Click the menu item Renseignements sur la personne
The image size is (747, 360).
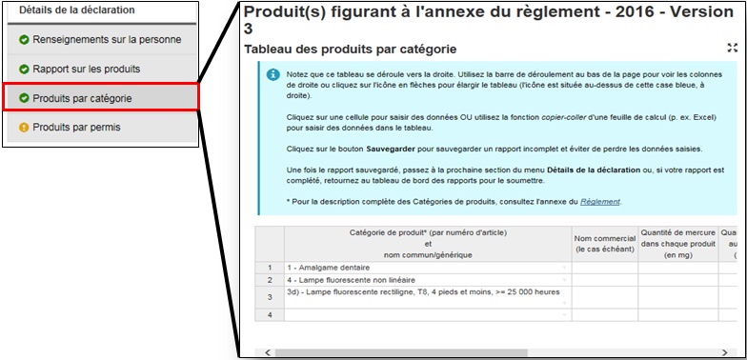pos(102,40)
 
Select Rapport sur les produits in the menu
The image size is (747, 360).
pos(102,69)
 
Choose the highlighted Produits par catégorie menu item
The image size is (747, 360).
pos(101,97)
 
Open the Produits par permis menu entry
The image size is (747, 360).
pos(102,128)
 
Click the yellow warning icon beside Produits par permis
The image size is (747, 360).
pos(24,128)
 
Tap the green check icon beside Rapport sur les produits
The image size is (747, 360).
pos(24,70)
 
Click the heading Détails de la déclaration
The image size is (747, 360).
pos(76,10)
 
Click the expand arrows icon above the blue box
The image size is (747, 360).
pos(732,48)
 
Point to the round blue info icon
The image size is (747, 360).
pos(273,74)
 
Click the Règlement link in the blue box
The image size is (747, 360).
pos(600,202)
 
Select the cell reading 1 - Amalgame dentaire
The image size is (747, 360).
pos(428,268)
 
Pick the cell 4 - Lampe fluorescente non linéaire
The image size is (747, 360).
pos(428,280)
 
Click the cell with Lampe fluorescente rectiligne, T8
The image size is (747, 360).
pos(428,297)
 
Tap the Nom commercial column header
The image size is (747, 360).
pos(604,244)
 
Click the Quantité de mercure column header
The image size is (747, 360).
pos(678,244)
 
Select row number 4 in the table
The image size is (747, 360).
pos(270,314)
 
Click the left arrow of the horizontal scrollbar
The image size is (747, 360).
pos(267,352)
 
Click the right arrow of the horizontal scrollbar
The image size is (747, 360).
pos(724,352)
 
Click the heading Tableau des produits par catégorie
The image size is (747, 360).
pos(351,50)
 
